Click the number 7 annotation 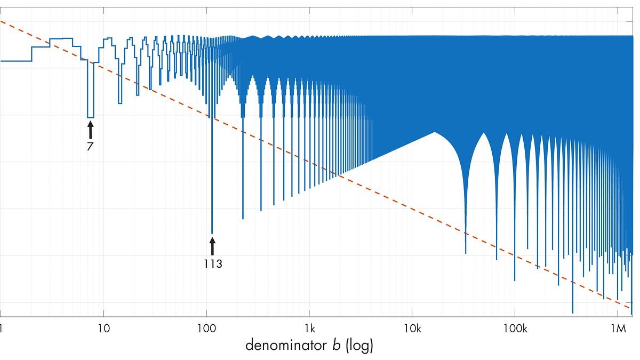[90, 145]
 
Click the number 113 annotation [213, 263]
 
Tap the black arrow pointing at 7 [91, 130]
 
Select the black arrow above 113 [212, 246]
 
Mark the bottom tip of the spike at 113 [212, 234]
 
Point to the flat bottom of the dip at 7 [91, 117]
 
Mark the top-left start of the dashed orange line [1, 21]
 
